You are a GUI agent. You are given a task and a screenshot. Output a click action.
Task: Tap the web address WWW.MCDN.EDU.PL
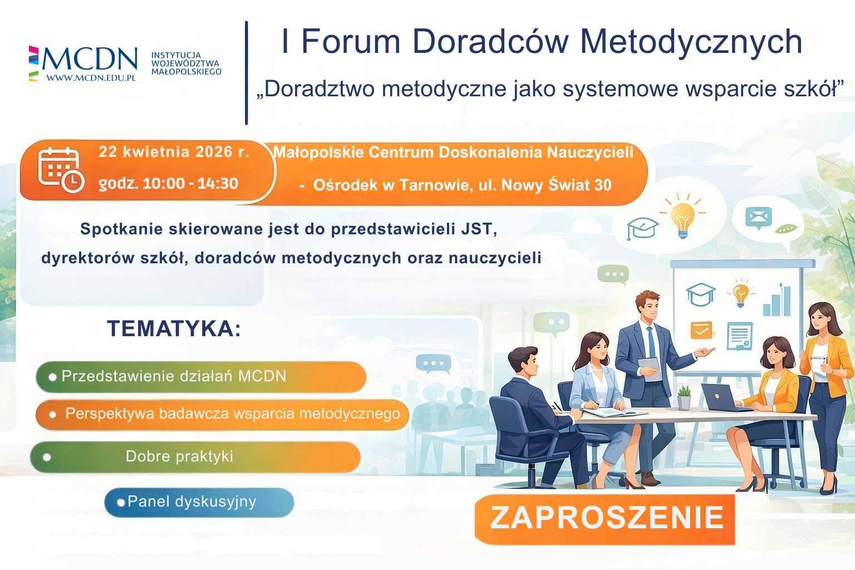tap(91, 78)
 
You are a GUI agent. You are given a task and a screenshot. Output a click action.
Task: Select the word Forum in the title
tap(351, 42)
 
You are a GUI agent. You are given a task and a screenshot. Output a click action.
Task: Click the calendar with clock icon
tap(60, 169)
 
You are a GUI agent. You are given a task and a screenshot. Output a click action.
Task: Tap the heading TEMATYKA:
tap(174, 328)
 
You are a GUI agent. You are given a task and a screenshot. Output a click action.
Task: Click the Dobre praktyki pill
tap(195, 456)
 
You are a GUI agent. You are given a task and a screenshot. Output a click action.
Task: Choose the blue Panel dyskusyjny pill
tap(199, 502)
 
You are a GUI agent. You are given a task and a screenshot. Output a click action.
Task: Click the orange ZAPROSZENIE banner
tap(605, 519)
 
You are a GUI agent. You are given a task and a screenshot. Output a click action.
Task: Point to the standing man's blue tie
tap(651, 342)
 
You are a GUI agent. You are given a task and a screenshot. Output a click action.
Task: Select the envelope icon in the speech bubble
tap(759, 218)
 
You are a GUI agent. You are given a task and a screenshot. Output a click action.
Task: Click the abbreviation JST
tap(478, 229)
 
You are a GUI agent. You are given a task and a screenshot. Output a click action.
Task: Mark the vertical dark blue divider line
tap(246, 72)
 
